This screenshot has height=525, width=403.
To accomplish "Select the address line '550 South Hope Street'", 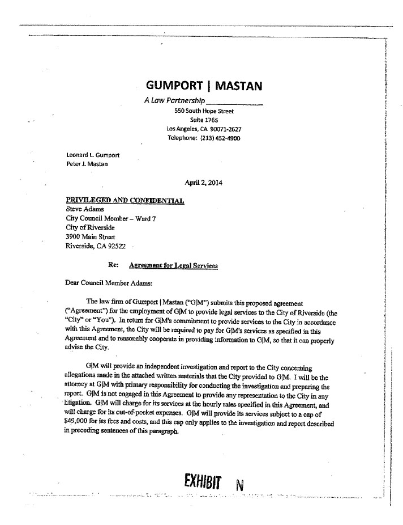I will point(204,112).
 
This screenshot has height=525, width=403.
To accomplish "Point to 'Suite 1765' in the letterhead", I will point(204,120).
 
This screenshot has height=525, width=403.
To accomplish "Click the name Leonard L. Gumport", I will point(93,155).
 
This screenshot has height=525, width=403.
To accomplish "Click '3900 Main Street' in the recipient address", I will point(91,236).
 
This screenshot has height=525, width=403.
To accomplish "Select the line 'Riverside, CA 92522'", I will point(96,245).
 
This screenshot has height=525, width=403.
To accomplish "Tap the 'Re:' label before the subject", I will point(113,265).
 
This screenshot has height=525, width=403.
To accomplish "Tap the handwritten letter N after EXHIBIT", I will point(240,487).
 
